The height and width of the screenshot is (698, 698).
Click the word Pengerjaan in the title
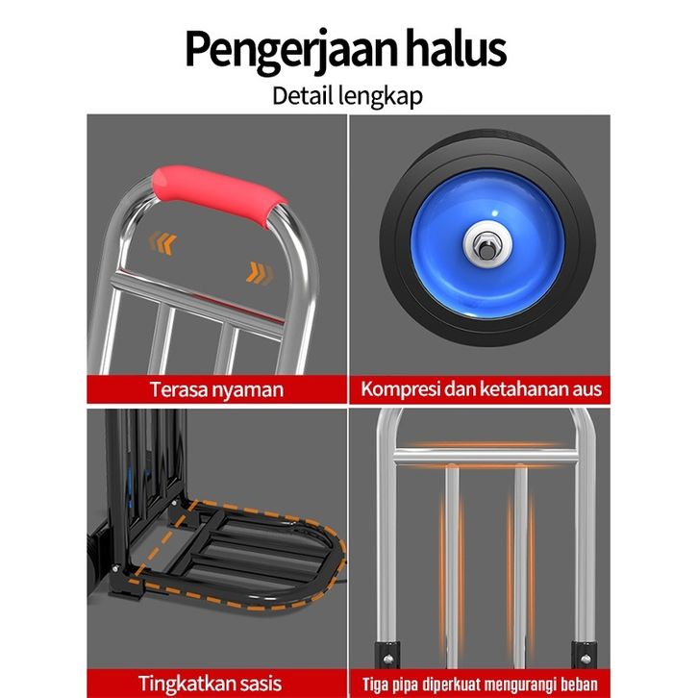pos(290,51)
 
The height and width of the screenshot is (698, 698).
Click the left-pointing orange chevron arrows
pos(162,242)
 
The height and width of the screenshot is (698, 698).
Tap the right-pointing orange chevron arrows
pos(260,273)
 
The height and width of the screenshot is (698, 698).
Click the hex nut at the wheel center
pos(487,244)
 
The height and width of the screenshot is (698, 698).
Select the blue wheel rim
pos(487,243)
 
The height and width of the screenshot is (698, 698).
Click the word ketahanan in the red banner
pos(523,388)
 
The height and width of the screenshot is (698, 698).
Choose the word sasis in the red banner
pos(260,684)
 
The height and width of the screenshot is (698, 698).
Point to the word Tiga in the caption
pos(375,685)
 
